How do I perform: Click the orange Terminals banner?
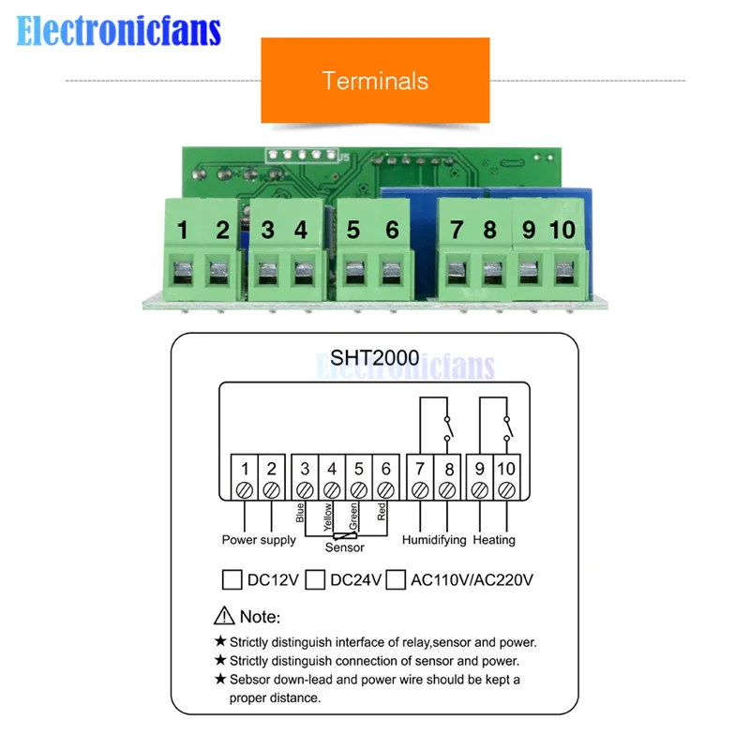click(x=375, y=80)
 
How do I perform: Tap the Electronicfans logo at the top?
click(x=118, y=31)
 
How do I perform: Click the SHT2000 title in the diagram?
click(x=374, y=358)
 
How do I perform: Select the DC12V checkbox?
click(x=232, y=579)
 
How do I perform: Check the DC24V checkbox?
click(x=315, y=579)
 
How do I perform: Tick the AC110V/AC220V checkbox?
click(x=396, y=579)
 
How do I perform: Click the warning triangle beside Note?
click(x=224, y=616)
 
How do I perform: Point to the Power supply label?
click(x=259, y=540)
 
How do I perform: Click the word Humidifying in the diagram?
click(x=434, y=540)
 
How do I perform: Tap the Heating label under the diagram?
click(x=494, y=540)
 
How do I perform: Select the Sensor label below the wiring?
click(x=344, y=547)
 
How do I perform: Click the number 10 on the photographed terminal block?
click(x=562, y=230)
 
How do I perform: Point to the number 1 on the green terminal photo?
click(x=182, y=230)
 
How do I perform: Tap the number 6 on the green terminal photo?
click(x=392, y=230)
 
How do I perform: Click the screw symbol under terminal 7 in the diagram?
click(x=420, y=490)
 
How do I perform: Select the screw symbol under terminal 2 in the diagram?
click(x=271, y=490)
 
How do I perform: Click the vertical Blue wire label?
click(x=300, y=512)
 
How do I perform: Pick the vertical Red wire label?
click(x=382, y=511)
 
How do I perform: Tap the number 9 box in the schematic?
click(x=480, y=477)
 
